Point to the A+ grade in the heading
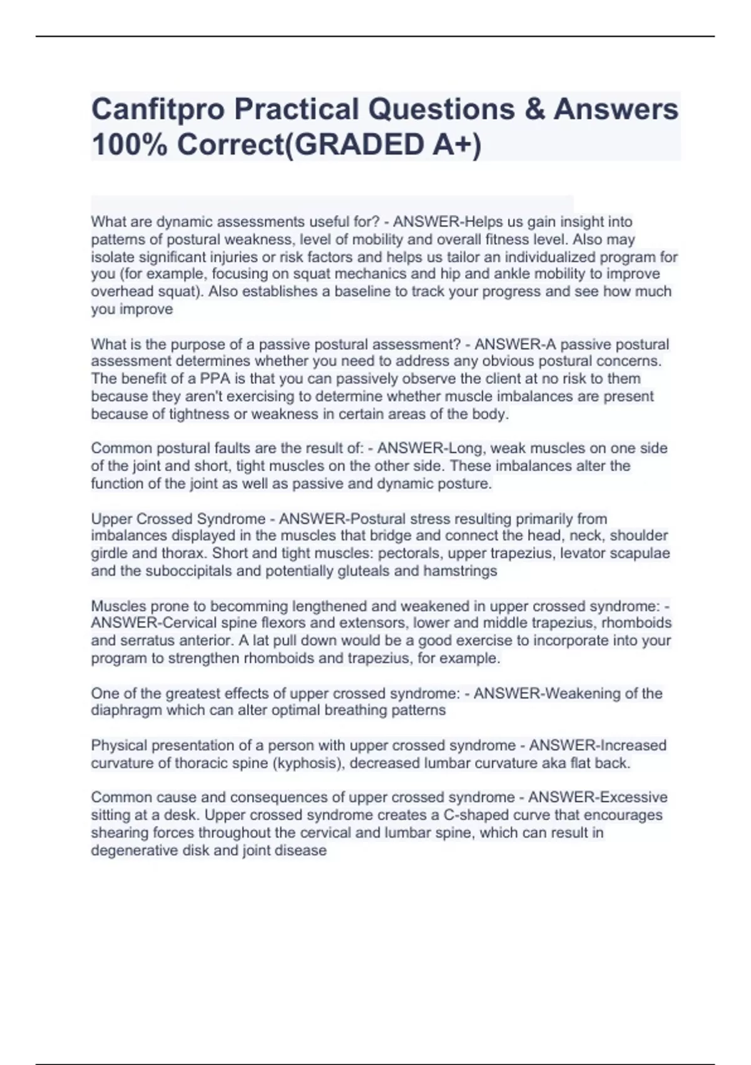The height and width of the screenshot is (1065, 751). [x=450, y=145]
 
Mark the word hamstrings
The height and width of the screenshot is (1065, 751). [x=460, y=571]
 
